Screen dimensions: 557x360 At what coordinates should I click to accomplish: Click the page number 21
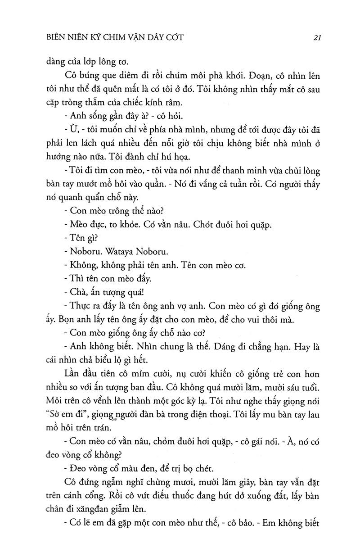[316, 38]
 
